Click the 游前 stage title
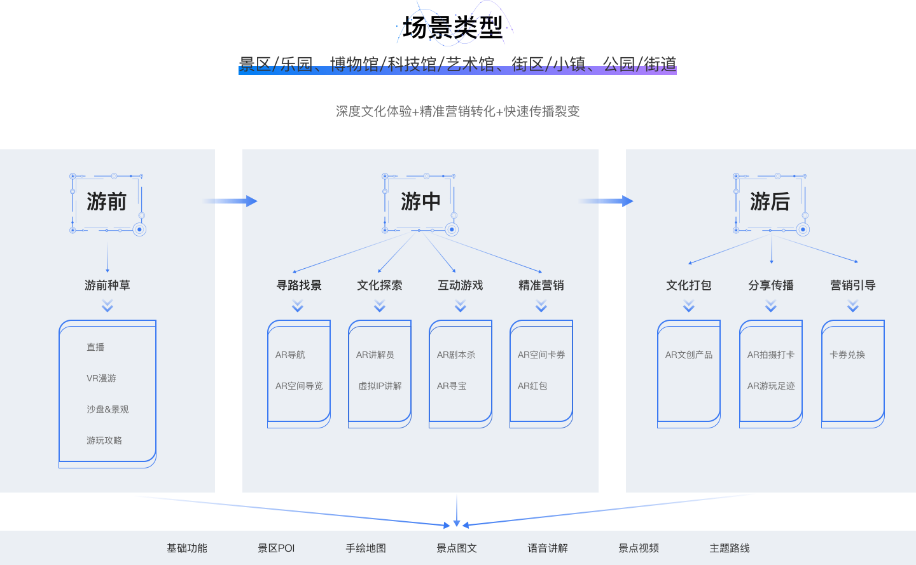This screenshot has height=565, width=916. pos(106,202)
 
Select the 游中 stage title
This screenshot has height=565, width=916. pos(420,202)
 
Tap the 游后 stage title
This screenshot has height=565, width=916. pos(770,202)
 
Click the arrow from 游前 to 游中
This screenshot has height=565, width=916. pos(233,201)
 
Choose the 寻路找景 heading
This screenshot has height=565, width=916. pos(298,285)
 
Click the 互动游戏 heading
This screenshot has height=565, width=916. pos(460,285)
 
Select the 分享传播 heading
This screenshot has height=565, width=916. pos(771,285)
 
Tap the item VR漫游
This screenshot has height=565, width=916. pos(101,378)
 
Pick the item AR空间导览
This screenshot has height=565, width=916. pos(299,386)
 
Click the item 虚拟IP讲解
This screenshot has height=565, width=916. pos(380,386)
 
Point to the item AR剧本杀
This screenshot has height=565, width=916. pos(455,355)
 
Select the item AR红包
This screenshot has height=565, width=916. pos(532,386)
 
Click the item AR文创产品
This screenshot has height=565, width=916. pos(688,355)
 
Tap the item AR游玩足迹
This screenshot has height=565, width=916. pos(771,386)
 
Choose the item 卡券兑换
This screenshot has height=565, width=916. pos(847,355)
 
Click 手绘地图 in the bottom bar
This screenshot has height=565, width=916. pos(366,548)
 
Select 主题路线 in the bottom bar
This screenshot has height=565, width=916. pos(729,548)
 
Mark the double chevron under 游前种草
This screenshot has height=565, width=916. pos(108,306)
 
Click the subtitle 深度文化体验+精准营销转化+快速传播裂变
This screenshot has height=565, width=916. pos(457,111)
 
